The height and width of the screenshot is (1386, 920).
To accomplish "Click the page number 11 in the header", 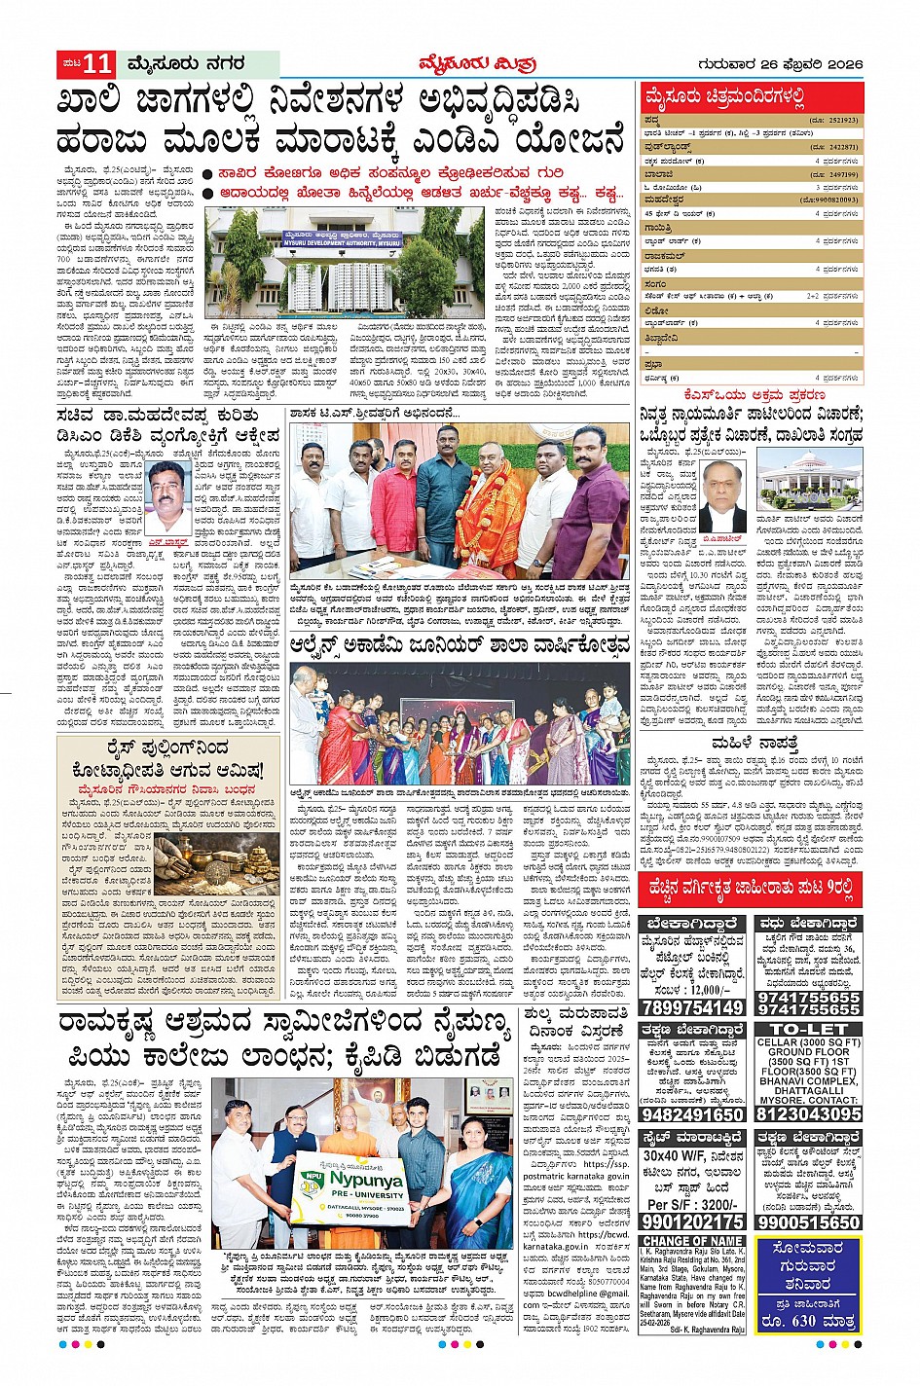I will pyautogui.click(x=97, y=65).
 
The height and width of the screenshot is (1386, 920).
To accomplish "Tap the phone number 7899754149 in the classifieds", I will pyautogui.click(x=693, y=1007).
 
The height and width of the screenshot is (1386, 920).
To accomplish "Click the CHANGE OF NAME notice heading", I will pyautogui.click(x=693, y=1241).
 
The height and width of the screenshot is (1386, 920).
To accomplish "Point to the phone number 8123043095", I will pyautogui.click(x=808, y=1113).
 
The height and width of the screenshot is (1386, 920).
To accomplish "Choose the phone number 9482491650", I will pyautogui.click(x=693, y=1113).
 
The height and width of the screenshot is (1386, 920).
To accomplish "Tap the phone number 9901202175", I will pyautogui.click(x=693, y=1222).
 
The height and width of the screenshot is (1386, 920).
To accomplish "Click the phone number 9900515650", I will pyautogui.click(x=808, y=1222).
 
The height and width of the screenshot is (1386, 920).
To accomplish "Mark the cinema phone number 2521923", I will pyautogui.click(x=835, y=120).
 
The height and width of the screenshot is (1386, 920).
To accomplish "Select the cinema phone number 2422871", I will pyautogui.click(x=835, y=146).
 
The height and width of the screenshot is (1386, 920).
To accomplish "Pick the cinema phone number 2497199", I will pyautogui.click(x=835, y=173).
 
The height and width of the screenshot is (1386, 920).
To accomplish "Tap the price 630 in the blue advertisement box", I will pyautogui.click(x=807, y=1321).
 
